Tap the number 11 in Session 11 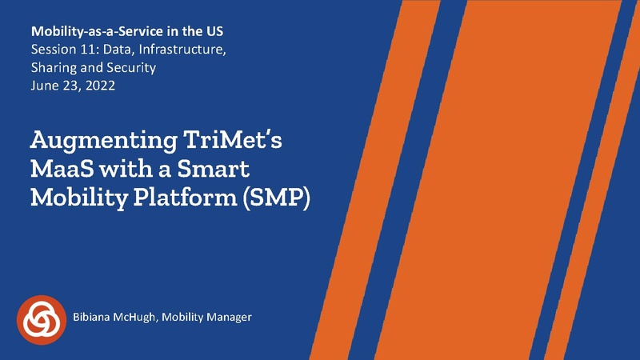pyautogui.click(x=85, y=51)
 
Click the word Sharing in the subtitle pyautogui.click(x=53, y=69)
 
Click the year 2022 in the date pyautogui.click(x=100, y=86)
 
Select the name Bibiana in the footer pyautogui.click(x=96, y=318)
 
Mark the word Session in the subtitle pyautogui.click(x=51, y=51)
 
